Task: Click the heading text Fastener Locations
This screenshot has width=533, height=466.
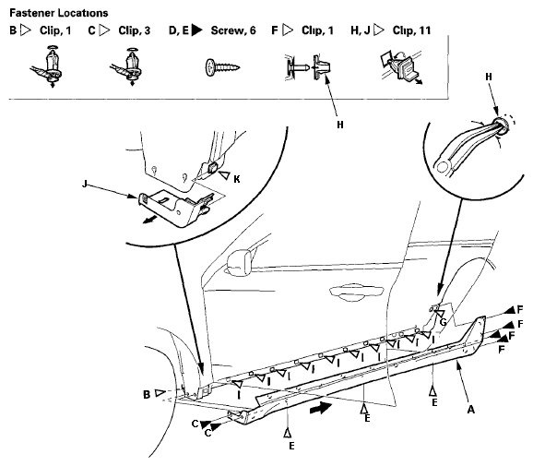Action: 59,13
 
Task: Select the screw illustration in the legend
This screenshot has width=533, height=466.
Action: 222,67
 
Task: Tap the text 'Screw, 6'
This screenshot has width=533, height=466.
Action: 233,30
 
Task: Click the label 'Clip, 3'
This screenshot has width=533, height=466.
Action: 135,30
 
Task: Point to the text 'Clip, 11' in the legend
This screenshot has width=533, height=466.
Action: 411,30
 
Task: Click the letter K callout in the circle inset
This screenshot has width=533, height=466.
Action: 237,179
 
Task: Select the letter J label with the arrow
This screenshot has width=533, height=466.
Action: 85,184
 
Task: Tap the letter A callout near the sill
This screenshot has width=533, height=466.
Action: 471,410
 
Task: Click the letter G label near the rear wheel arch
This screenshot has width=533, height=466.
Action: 444,322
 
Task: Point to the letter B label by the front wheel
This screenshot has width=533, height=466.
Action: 147,395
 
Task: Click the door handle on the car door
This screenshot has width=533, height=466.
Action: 356,292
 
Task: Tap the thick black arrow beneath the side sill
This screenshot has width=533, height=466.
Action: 321,408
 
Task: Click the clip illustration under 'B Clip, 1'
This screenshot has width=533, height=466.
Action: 48,66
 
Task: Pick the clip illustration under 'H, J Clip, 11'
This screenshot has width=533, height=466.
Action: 401,67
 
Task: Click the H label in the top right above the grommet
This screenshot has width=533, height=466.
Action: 489,77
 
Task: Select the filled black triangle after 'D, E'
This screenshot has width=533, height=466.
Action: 196,30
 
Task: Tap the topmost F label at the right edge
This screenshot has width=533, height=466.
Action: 520,309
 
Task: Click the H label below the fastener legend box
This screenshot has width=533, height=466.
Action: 340,125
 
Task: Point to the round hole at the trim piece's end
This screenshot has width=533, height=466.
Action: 443,167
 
